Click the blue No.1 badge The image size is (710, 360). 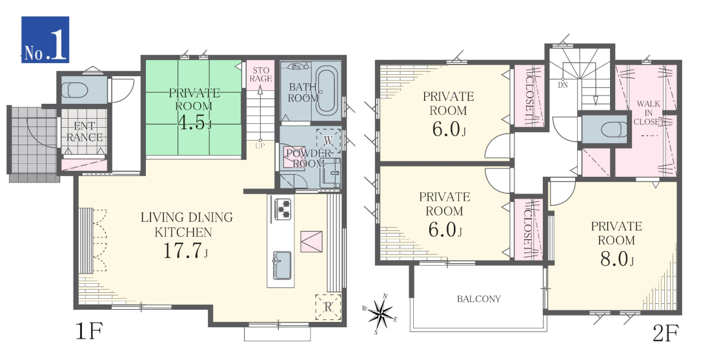click(45, 39)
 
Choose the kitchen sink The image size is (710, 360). click(281, 265)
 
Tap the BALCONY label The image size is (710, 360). click(479, 299)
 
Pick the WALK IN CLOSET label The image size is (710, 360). click(649, 113)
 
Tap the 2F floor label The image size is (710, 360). click(665, 334)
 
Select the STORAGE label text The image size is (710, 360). click(261, 74)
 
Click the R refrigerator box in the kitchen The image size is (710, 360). click(328, 308)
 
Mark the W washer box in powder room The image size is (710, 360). click(329, 141)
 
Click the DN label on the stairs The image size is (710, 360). click(563, 85)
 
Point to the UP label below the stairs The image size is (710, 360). click(260, 146)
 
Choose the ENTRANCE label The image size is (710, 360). click(84, 132)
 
